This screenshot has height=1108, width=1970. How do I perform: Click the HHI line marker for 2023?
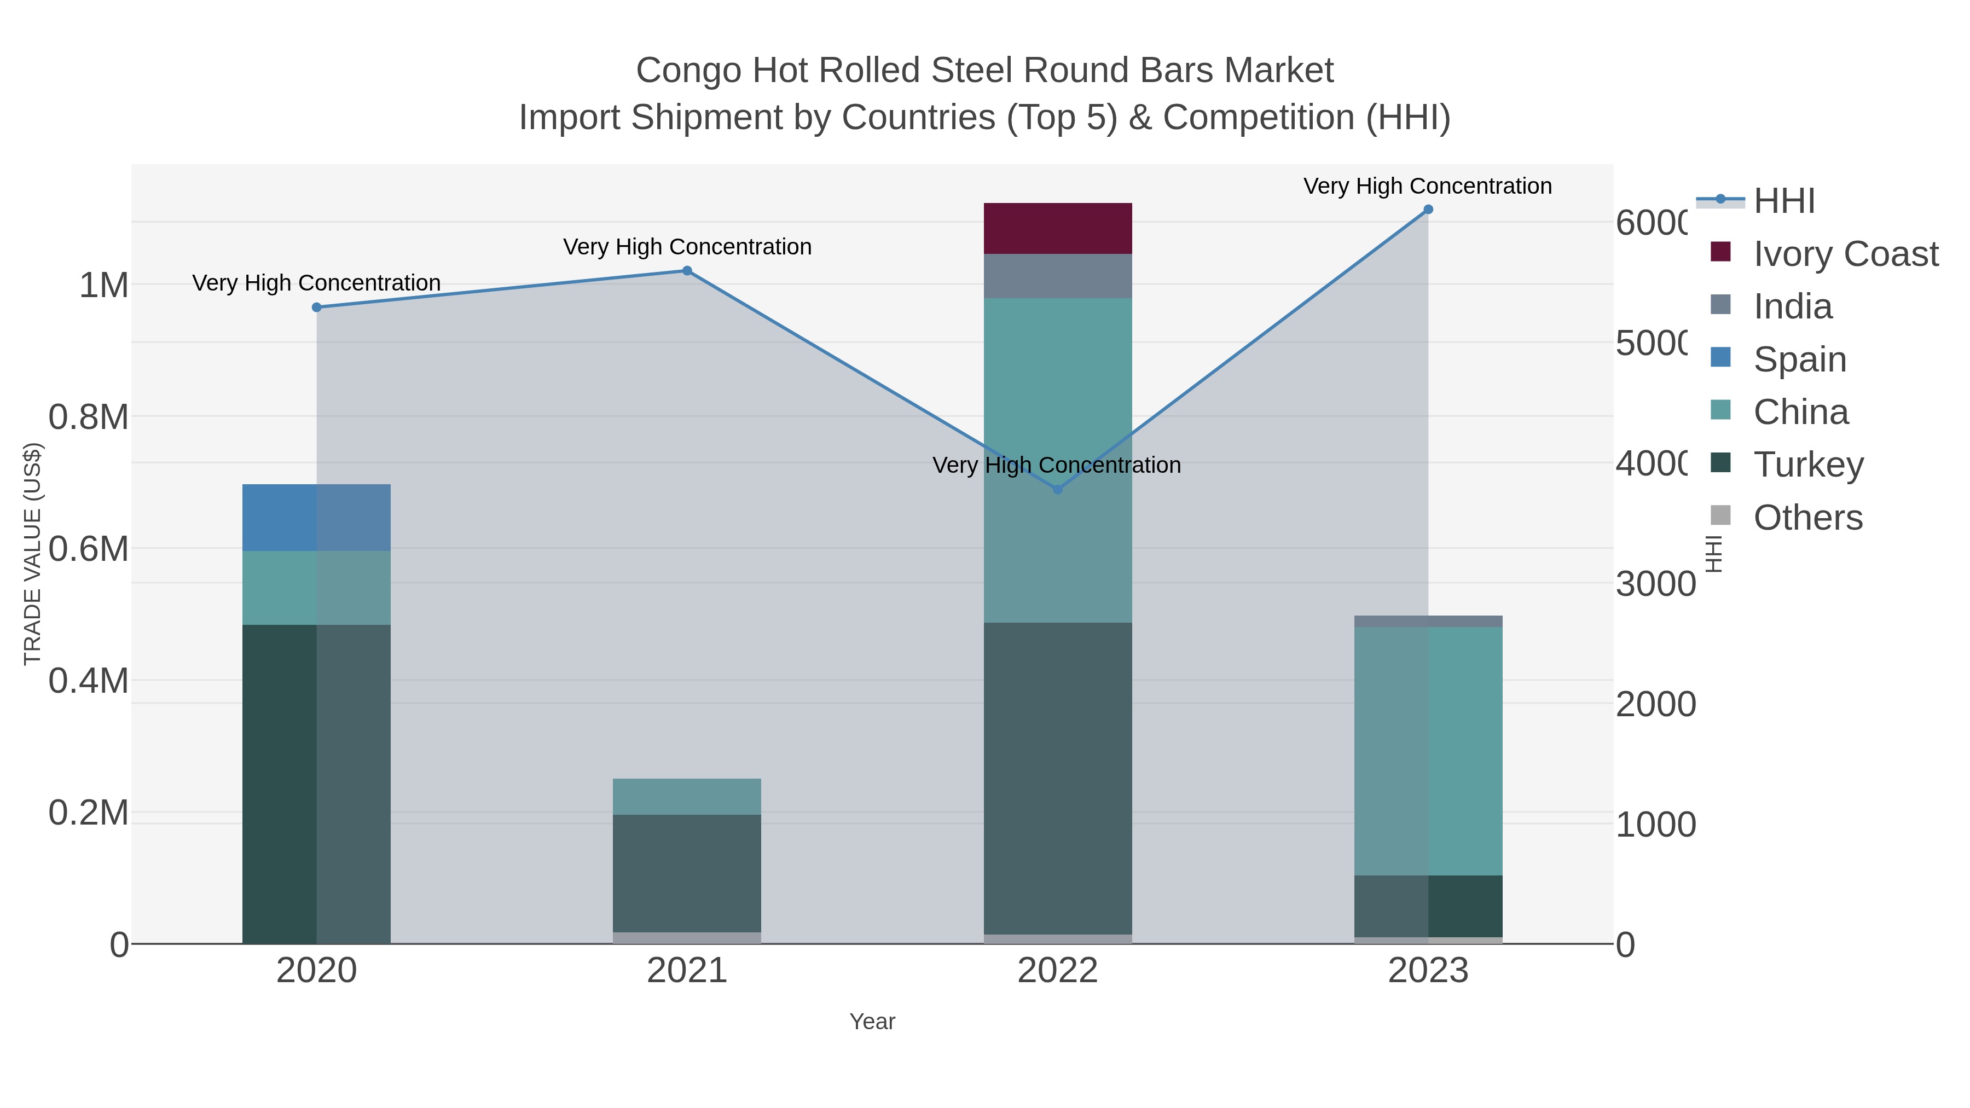point(1428,210)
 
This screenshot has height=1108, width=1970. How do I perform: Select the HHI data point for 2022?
point(1058,489)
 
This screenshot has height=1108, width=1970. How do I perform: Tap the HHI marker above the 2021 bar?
point(687,271)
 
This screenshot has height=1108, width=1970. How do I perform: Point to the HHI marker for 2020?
point(317,308)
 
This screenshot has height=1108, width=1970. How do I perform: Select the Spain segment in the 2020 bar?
point(317,518)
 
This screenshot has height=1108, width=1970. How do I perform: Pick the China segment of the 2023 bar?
point(1428,751)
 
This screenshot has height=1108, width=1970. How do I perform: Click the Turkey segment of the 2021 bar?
point(687,873)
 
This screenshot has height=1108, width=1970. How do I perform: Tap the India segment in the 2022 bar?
point(1058,276)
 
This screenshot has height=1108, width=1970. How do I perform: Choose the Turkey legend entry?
point(1808,465)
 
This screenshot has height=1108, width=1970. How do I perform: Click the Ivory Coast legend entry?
point(1845,254)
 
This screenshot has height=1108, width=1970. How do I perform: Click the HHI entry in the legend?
point(1783,201)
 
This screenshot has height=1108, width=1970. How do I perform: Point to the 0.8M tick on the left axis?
point(89,417)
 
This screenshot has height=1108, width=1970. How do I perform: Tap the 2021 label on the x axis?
point(687,971)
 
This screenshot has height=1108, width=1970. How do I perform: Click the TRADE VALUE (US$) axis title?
point(33,554)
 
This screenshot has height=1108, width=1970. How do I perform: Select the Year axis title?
point(872,1022)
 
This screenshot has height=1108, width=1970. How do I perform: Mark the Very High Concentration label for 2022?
point(1056,465)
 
